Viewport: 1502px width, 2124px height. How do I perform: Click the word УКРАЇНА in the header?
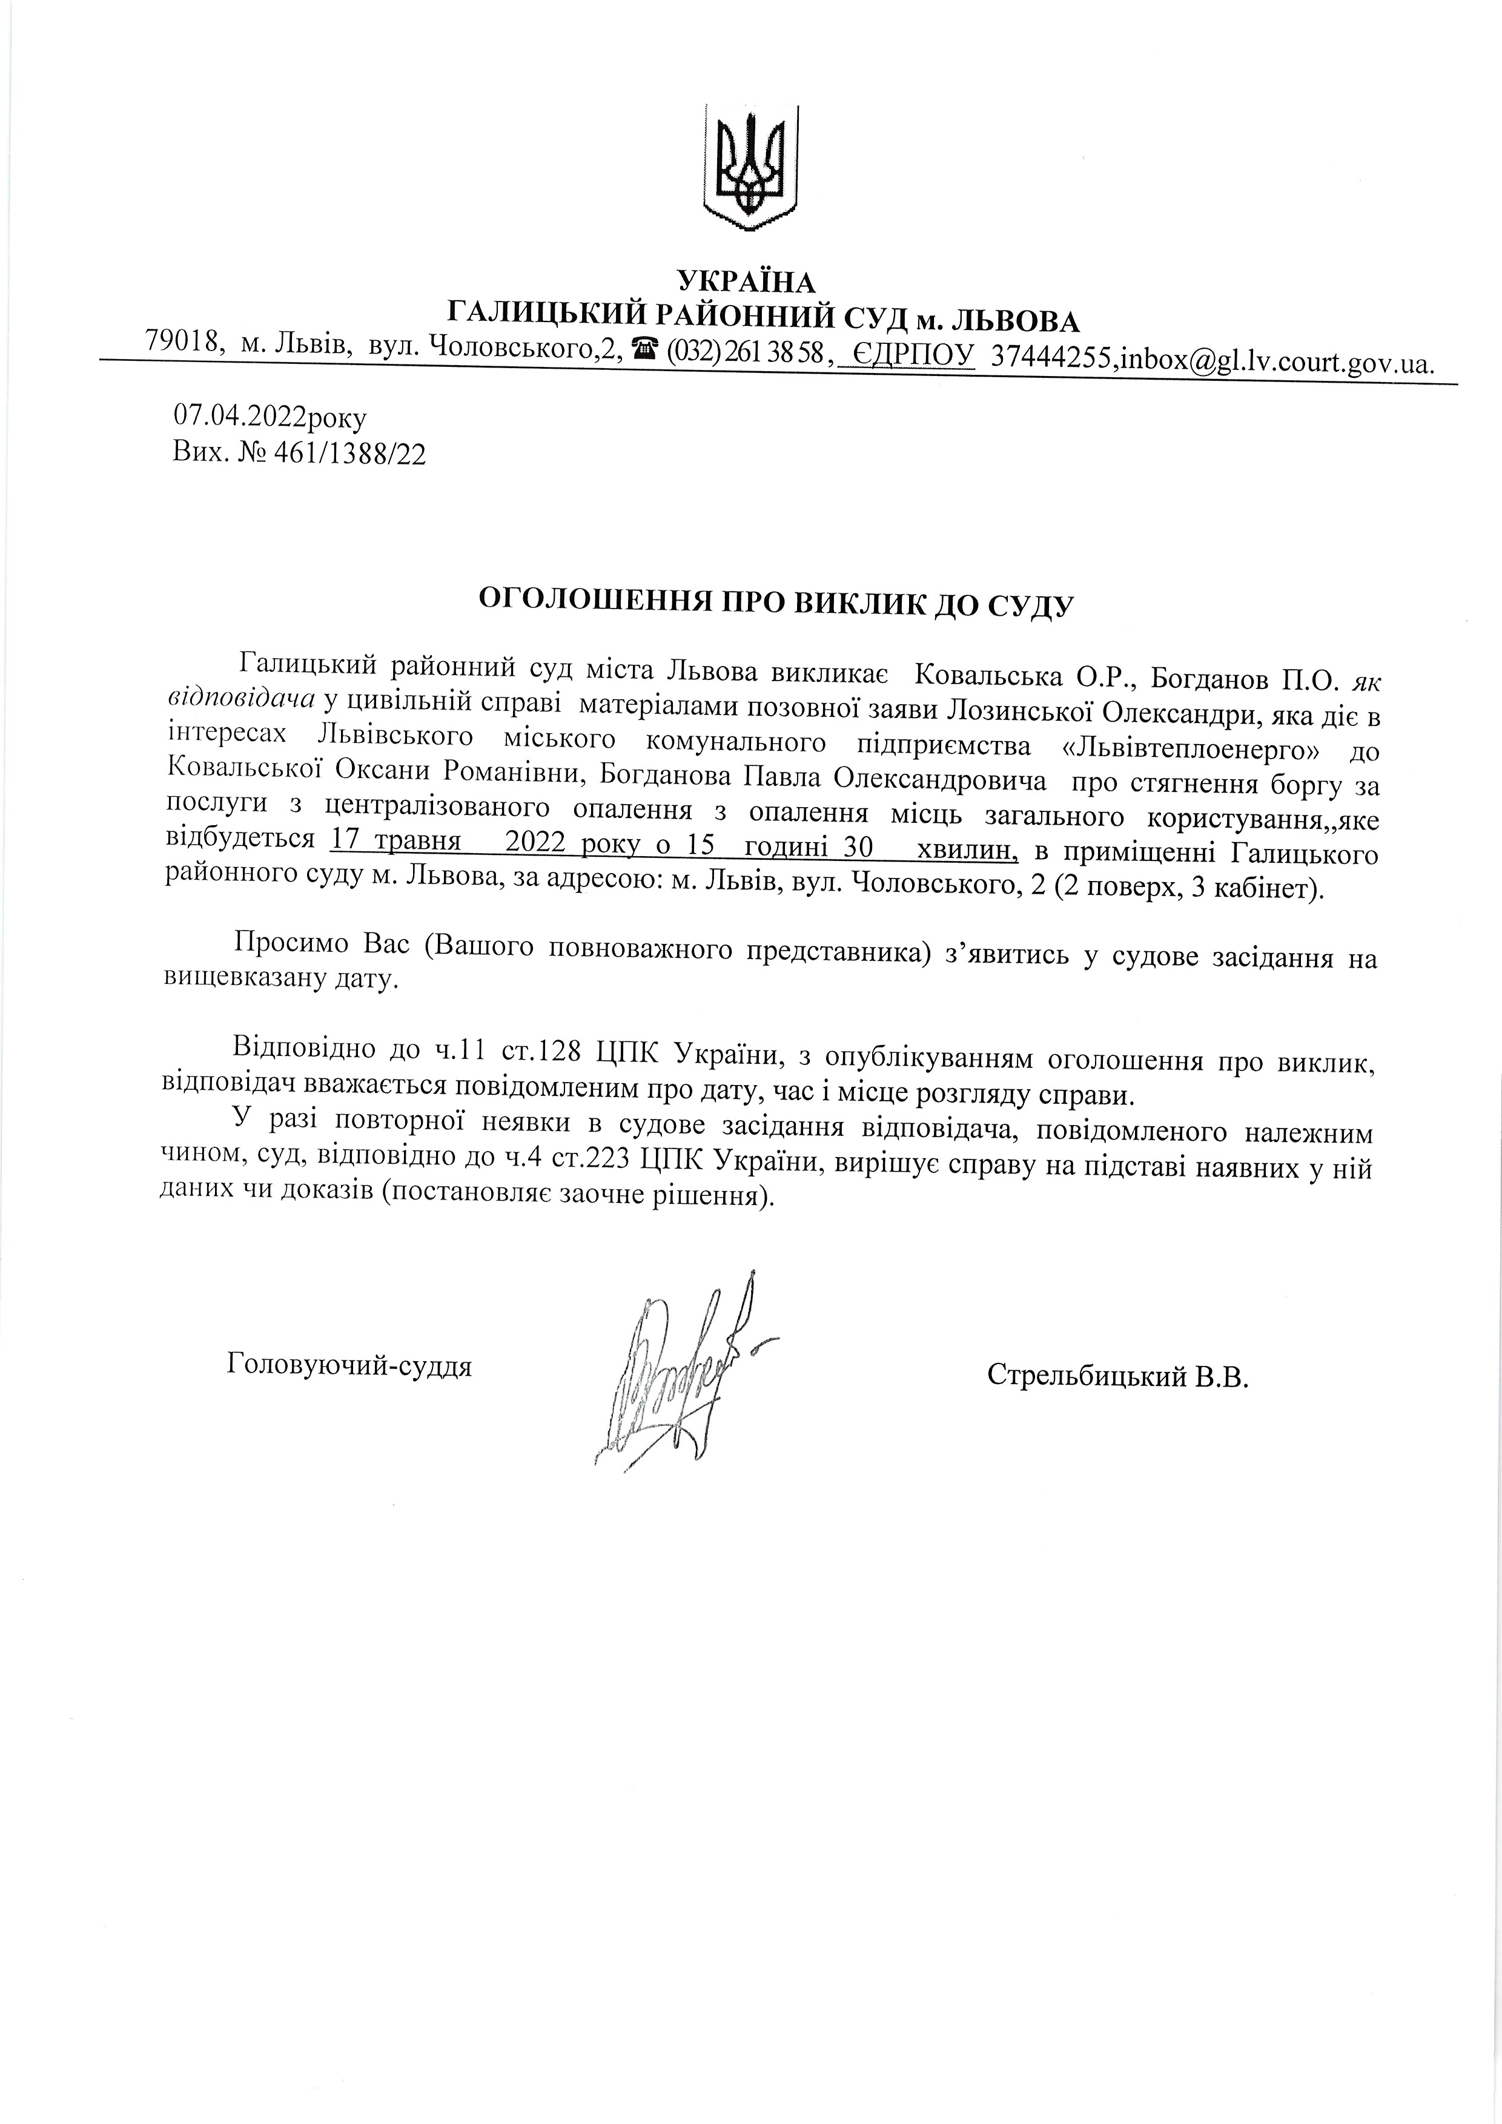tap(747, 280)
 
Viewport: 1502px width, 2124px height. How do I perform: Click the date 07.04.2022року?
tap(270, 418)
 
